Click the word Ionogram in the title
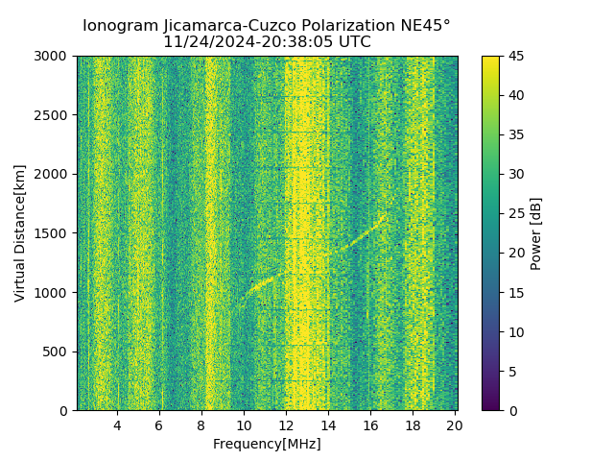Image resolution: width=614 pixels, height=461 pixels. click(120, 26)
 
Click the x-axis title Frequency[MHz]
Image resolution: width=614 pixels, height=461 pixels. click(267, 444)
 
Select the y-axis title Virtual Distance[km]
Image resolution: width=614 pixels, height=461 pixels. click(20, 233)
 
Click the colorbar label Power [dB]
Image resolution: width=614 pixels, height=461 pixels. click(536, 233)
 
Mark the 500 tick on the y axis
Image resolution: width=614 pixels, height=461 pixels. click(58, 352)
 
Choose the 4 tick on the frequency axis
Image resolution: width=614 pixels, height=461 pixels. click(117, 425)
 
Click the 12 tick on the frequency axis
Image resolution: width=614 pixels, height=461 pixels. click(286, 425)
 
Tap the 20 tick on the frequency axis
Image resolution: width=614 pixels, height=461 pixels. click(455, 425)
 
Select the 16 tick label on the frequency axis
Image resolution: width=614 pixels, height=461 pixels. click(370, 425)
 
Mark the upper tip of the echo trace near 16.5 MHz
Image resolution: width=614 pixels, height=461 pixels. click(384, 216)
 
